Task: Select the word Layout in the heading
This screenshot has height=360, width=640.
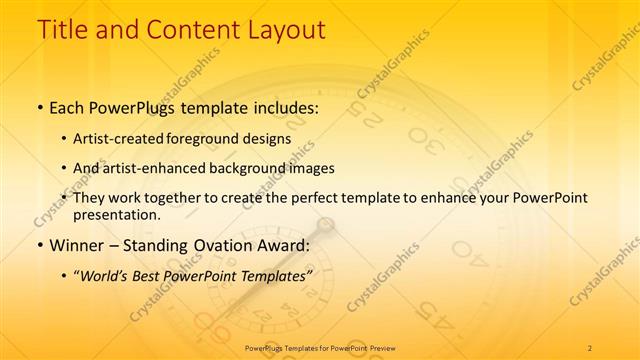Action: tap(283, 30)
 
